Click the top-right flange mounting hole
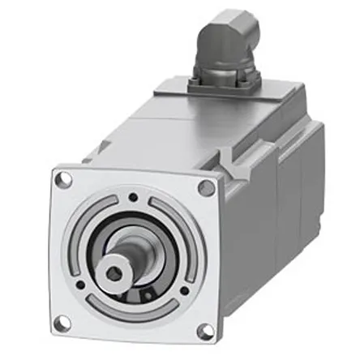[x=206, y=188]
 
